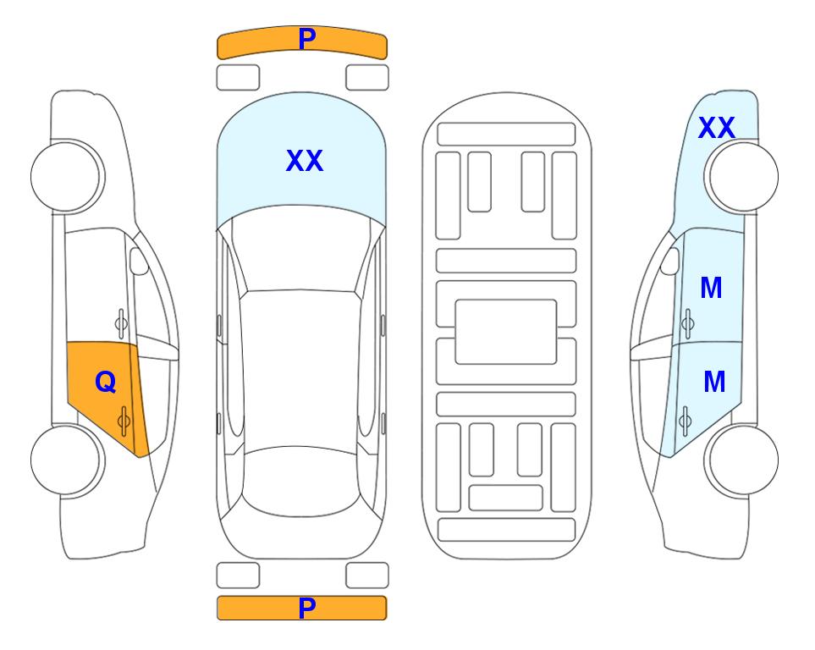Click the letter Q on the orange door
point(106,383)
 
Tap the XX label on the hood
point(305,161)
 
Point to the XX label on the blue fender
point(716,128)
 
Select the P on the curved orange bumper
point(307,38)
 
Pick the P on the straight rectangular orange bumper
point(307,608)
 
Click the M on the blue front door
point(711,288)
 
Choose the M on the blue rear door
point(714,383)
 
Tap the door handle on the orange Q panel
point(124,421)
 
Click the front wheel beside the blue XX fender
point(741,177)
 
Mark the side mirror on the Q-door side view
point(139,262)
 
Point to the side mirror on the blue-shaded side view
point(670,262)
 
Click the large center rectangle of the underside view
point(506,332)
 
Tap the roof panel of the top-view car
point(301,370)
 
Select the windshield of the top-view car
point(301,249)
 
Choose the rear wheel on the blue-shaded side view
point(741,460)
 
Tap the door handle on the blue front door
point(688,323)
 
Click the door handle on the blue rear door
point(685,421)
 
